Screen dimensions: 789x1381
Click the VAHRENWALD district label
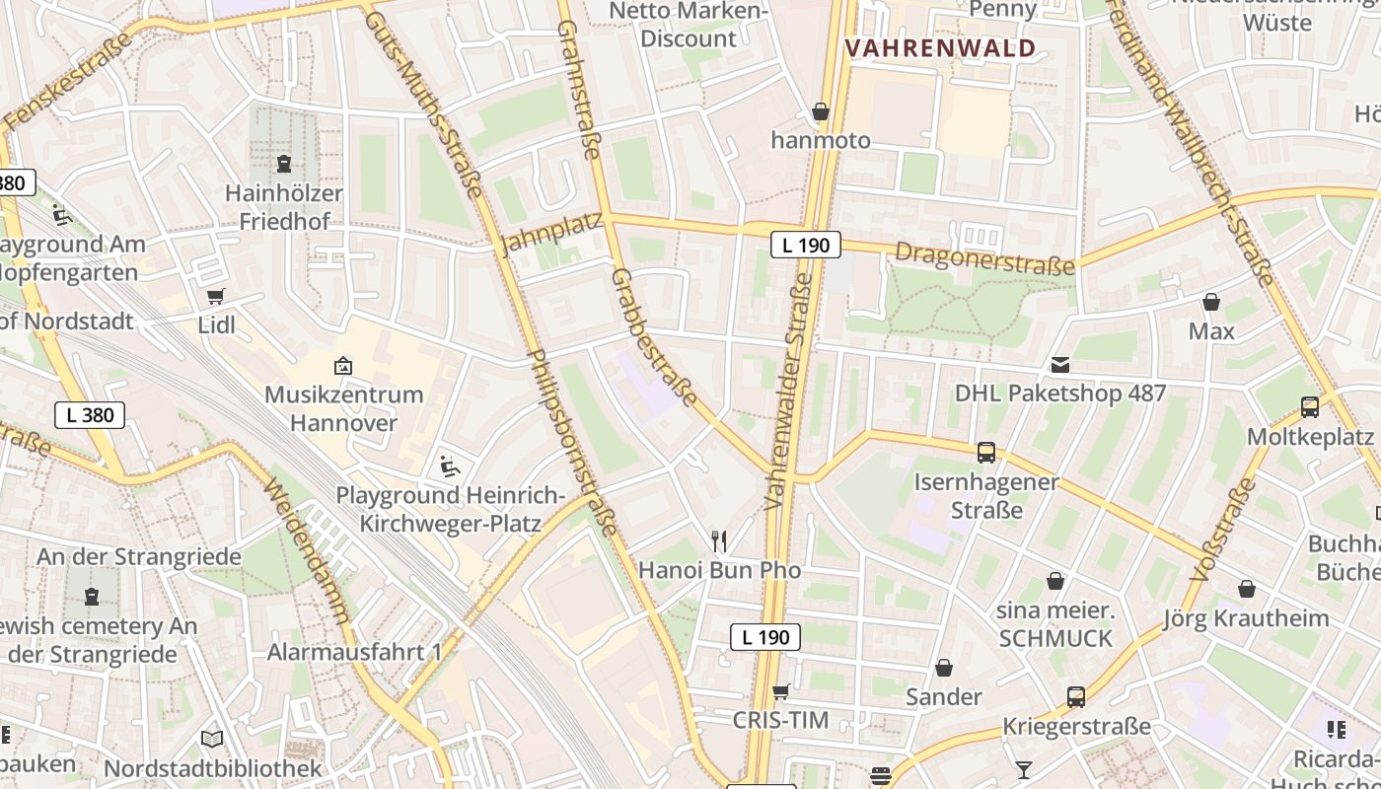pos(940,48)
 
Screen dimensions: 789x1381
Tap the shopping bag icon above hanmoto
pos(820,111)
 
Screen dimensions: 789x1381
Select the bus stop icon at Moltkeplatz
pos(1310,406)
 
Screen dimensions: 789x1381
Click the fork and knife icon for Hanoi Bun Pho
pos(719,540)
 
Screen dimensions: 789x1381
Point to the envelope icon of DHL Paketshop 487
pos(1059,365)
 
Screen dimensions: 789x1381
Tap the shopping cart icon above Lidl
pos(216,296)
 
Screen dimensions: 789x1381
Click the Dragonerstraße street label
pos(983,259)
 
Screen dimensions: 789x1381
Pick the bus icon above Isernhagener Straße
pos(985,453)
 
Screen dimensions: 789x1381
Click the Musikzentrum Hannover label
pos(344,408)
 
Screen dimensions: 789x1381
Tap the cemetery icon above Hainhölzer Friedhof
pos(284,163)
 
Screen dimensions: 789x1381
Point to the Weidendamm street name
pos(307,553)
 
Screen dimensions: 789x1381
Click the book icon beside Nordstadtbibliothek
pos(212,739)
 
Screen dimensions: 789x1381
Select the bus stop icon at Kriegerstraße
pos(1076,697)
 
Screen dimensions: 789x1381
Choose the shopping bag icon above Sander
pos(944,668)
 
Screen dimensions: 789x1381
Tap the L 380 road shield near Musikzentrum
pos(90,415)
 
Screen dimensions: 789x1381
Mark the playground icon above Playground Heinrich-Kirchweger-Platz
pos(450,465)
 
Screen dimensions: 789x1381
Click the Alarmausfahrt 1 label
pos(355,652)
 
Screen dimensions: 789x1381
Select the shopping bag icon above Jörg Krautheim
pos(1247,589)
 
